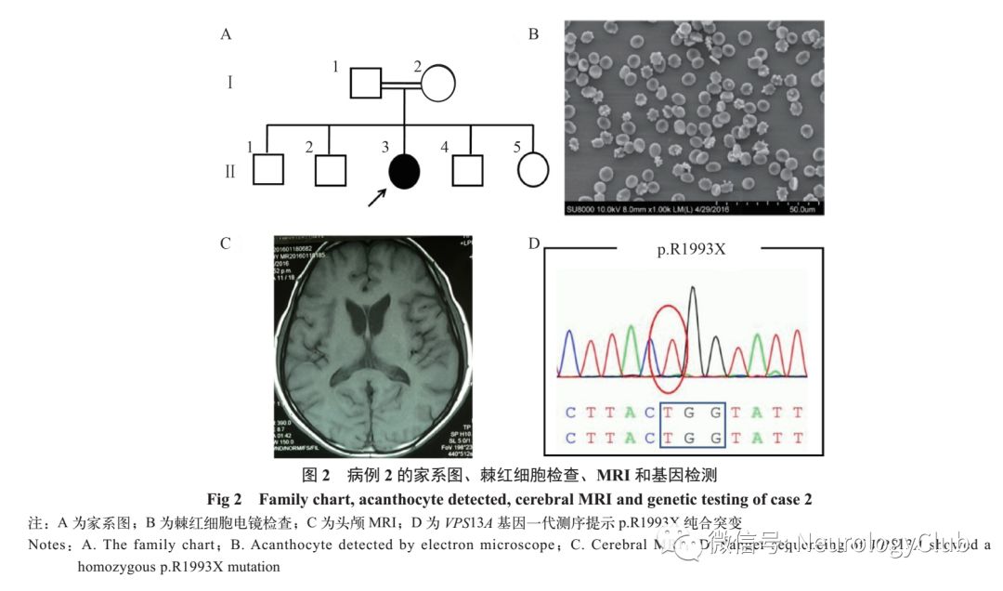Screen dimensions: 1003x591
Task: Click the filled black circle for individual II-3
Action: tap(404, 170)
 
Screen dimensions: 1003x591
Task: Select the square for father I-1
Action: tap(366, 84)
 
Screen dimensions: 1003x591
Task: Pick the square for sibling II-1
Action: tap(267, 170)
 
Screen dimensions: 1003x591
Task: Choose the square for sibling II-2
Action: tap(330, 170)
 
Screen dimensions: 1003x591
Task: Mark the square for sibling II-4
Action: tap(468, 170)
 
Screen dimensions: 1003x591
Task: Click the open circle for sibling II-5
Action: tap(532, 170)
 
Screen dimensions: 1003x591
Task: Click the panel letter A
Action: tap(225, 35)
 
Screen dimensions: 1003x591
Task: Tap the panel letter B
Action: tap(533, 35)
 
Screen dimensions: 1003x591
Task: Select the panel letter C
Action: tap(225, 244)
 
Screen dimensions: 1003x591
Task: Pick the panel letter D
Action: tap(533, 244)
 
